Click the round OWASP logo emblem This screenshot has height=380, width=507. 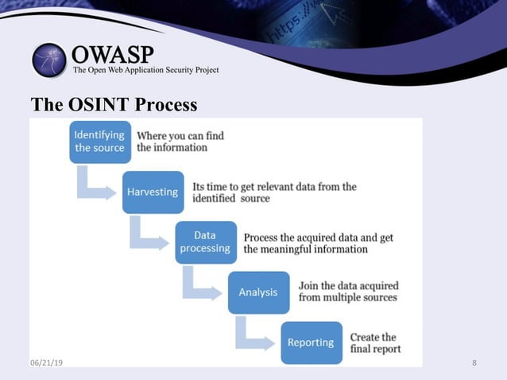[49, 60]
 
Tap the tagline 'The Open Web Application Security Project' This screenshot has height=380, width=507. [145, 71]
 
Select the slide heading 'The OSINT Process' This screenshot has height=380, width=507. [114, 105]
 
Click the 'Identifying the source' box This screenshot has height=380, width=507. [99, 142]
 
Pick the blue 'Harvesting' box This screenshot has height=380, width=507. [153, 192]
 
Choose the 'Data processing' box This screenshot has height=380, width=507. [205, 242]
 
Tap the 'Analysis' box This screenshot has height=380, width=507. [258, 292]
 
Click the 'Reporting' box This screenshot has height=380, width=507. [311, 342]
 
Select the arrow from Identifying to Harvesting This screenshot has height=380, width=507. [93, 186]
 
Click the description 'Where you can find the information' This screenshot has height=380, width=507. [180, 142]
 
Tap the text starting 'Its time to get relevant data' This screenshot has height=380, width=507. [273, 192]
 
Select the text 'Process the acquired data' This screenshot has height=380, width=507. [318, 243]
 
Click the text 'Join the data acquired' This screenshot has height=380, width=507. [347, 292]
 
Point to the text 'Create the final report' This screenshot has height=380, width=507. [375, 343]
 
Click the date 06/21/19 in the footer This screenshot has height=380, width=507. [46, 363]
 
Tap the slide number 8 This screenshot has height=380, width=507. [474, 363]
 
